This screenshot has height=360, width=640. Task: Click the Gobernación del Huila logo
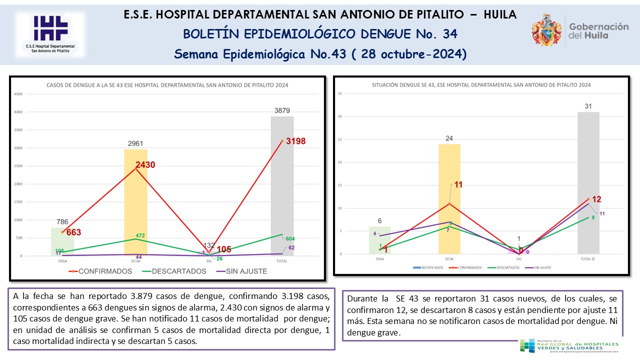[x=580, y=30]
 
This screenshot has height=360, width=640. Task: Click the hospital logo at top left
[x=50, y=34]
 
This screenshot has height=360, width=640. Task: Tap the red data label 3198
[x=295, y=141]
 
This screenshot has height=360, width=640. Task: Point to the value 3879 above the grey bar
[x=282, y=110]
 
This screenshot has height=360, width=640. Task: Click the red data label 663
[x=73, y=232]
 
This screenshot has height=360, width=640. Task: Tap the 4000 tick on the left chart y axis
[x=18, y=112]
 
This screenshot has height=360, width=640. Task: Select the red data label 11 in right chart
[x=458, y=184]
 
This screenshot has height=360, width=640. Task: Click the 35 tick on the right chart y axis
[x=339, y=93]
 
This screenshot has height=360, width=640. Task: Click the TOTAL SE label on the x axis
[x=588, y=259]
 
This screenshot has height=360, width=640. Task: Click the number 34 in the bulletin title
[x=449, y=34]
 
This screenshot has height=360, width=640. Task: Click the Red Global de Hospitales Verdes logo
[x=569, y=345]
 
